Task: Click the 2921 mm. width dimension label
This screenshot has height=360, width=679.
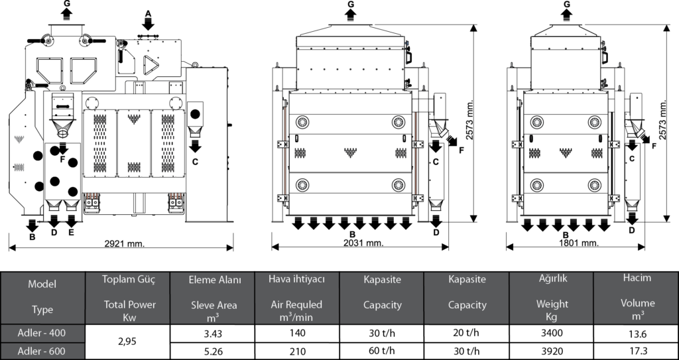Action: click(125, 244)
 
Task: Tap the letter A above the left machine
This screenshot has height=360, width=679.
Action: click(148, 13)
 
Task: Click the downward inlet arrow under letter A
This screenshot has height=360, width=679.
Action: click(148, 24)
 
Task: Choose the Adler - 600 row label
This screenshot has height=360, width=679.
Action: click(42, 351)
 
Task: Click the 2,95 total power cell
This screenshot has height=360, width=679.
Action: click(128, 341)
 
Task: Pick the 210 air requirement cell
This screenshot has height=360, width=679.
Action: click(297, 351)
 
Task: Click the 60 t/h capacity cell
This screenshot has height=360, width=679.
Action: click(381, 351)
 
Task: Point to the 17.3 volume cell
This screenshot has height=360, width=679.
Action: click(637, 351)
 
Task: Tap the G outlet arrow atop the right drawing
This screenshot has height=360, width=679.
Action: click(566, 15)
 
